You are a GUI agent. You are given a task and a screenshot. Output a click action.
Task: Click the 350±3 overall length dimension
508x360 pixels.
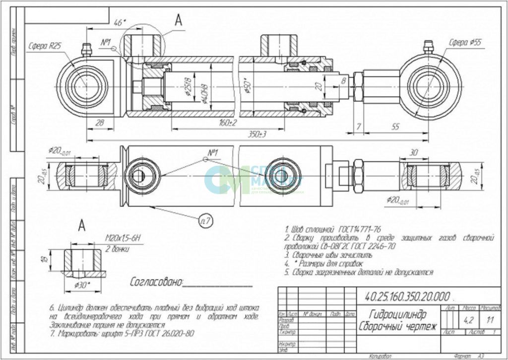tap(256, 135)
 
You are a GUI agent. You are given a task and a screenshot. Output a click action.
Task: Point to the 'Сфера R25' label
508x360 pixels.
tap(45, 45)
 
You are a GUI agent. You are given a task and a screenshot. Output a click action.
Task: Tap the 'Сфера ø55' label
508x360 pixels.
tap(465, 42)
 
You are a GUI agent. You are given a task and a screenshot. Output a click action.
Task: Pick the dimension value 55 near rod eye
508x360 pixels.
tap(395, 127)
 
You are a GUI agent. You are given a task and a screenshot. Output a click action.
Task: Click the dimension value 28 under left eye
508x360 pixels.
tap(99, 123)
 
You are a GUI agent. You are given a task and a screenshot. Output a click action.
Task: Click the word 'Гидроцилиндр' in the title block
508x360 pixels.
tap(397, 314)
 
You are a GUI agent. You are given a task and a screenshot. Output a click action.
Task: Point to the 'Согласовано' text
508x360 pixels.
tap(156, 283)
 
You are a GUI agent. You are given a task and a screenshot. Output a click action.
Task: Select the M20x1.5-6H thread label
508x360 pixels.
tap(124, 239)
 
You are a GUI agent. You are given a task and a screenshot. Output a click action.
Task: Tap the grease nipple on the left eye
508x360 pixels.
tap(87, 50)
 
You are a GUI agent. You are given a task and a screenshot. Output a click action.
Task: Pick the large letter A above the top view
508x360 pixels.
tap(179, 20)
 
